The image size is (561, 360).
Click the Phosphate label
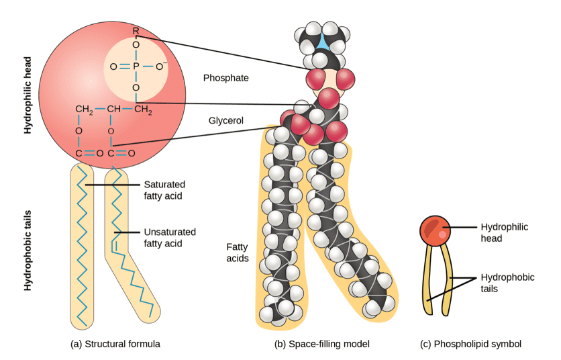[225, 78]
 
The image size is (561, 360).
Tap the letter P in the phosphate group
[136, 66]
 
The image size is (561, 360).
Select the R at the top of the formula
[136, 31]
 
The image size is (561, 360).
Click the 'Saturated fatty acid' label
[164, 189]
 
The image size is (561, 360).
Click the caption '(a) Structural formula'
[115, 344]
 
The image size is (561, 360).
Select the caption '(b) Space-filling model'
[322, 344]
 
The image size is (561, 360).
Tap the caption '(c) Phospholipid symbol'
[470, 344]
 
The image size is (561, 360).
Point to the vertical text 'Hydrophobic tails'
[28, 249]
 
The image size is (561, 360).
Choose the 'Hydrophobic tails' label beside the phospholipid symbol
[505, 282]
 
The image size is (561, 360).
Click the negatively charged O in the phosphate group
[161, 66]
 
